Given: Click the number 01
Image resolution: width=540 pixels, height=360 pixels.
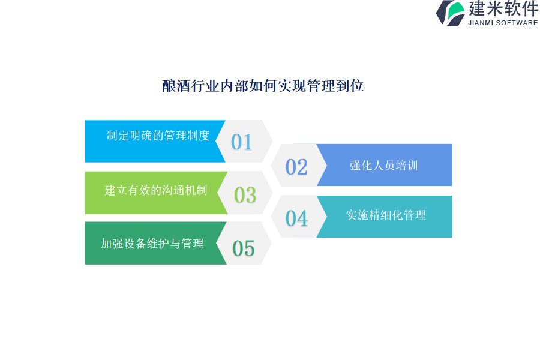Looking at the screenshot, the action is (x=242, y=142).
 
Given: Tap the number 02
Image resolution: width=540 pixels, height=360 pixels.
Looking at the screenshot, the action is (x=296, y=167).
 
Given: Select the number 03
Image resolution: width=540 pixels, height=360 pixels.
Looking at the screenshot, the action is (x=245, y=195).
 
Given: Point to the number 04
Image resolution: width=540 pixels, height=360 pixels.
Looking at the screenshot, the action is (x=296, y=218).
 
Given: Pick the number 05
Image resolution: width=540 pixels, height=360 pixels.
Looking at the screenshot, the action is (x=244, y=248).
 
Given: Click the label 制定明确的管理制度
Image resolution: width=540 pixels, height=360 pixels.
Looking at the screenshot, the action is (x=158, y=136).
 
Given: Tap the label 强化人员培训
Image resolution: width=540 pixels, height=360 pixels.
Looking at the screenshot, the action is (x=383, y=166).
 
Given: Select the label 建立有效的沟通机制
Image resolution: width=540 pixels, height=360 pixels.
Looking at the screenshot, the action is (x=156, y=190).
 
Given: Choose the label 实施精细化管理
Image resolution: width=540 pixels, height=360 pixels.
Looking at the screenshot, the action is (x=386, y=215).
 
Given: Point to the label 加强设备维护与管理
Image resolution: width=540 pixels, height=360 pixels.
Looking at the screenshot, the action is (x=152, y=244).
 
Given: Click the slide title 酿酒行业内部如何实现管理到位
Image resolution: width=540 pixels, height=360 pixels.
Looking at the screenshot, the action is (x=263, y=86).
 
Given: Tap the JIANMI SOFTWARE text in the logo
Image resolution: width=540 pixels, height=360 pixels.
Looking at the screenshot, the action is (x=503, y=23).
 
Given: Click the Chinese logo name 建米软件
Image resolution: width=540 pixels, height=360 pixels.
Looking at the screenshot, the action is (x=503, y=9).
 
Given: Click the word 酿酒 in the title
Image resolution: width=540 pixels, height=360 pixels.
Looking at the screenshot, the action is (x=176, y=86).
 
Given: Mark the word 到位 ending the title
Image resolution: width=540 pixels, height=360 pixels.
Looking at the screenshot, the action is (x=350, y=86).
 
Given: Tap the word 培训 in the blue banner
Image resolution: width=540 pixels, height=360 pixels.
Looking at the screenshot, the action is (x=407, y=166).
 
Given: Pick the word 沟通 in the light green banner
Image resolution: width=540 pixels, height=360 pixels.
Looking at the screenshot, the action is (x=173, y=190).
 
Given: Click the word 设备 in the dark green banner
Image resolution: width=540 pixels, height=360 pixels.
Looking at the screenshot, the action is (x=135, y=244).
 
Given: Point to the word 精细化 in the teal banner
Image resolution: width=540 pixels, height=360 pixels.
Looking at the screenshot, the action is (x=386, y=215).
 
